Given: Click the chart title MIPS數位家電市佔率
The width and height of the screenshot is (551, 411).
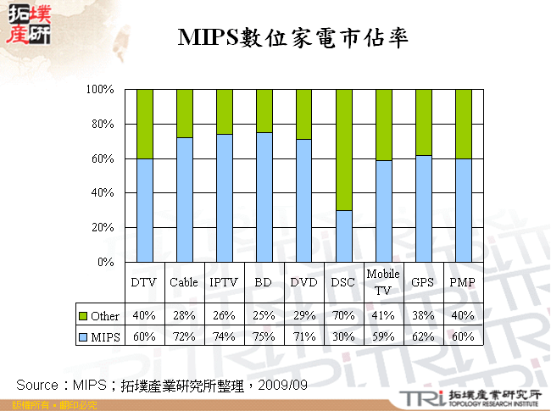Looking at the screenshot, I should (x=293, y=38).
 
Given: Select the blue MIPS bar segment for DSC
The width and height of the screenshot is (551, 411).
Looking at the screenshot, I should (x=343, y=236).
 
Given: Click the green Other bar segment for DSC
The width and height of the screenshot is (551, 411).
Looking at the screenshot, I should (x=343, y=149).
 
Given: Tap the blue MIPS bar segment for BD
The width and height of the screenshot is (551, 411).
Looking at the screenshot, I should (x=264, y=197).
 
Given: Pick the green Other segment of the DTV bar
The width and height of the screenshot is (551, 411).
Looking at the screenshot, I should (x=145, y=124).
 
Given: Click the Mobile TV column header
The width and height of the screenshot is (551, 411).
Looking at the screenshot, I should (x=383, y=281).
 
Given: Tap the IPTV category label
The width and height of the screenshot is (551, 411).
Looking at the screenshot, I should (x=224, y=282).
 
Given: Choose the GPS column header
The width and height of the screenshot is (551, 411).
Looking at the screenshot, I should (x=422, y=282).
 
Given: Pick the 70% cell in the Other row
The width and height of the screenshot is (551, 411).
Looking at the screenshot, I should (x=343, y=316).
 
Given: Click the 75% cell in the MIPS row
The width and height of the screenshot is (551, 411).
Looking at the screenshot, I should (x=264, y=336).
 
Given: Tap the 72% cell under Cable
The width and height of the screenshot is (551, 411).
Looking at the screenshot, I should (x=184, y=336).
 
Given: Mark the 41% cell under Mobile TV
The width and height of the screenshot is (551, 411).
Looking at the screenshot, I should (x=383, y=316).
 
